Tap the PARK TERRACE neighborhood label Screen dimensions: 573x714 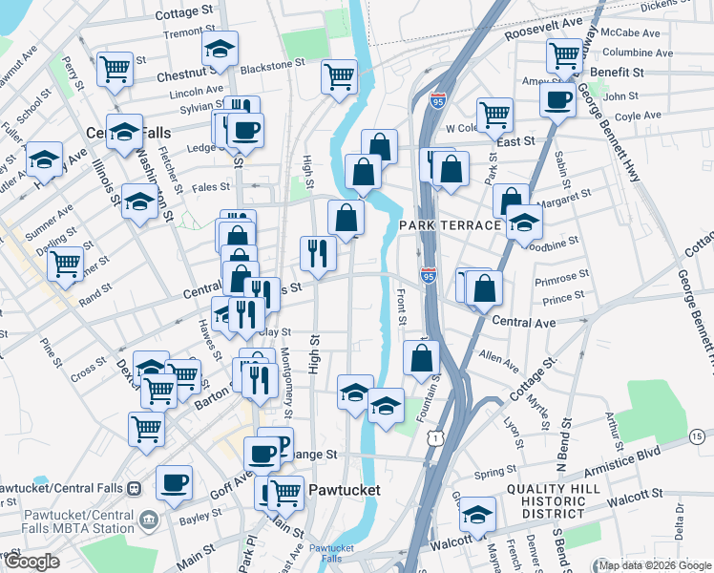(450, 225)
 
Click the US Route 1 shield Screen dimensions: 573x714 (435, 436)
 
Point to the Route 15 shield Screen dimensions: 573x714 (699, 436)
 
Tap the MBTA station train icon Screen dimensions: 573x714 (134, 489)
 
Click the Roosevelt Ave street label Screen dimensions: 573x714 (516, 24)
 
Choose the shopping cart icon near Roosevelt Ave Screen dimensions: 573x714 (565, 54)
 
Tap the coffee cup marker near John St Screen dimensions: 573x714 (557, 98)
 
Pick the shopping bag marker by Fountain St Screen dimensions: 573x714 (421, 358)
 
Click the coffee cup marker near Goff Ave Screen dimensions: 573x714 (174, 482)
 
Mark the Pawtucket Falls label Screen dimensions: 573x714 (332, 553)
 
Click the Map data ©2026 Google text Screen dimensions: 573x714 (655, 565)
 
